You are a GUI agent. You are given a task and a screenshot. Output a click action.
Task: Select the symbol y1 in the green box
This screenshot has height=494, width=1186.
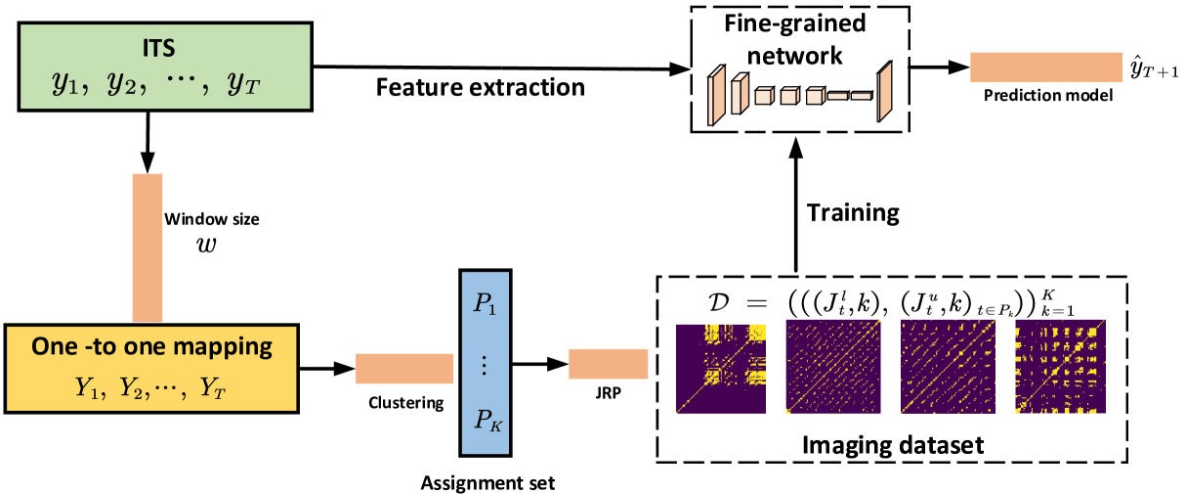(x=67, y=84)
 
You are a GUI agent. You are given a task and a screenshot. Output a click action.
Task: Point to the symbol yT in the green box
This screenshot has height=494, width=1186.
(x=243, y=84)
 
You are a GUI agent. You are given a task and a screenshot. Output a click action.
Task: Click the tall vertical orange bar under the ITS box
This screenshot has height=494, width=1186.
(x=148, y=248)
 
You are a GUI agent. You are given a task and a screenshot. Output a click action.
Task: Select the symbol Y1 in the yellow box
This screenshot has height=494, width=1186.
(x=89, y=387)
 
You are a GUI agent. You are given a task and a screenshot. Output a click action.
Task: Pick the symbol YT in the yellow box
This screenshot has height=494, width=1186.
(x=212, y=387)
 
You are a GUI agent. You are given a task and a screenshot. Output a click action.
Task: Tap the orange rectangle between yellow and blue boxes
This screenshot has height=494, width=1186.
(x=403, y=369)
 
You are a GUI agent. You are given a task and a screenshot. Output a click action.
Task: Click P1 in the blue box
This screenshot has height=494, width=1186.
(x=485, y=303)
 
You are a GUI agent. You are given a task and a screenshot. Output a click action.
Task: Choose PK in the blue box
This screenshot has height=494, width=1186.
(x=486, y=421)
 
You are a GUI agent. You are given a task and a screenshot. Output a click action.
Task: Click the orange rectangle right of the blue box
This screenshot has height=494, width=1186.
(x=609, y=363)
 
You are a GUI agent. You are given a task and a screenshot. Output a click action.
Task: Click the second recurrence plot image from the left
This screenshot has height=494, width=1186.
(x=833, y=366)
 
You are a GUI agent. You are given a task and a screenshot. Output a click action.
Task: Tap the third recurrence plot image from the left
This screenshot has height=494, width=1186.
(x=948, y=366)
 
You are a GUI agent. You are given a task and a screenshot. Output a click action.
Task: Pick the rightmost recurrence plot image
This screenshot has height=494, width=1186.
(x=1060, y=366)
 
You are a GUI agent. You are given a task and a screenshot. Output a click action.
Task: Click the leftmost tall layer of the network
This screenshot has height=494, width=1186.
(x=716, y=96)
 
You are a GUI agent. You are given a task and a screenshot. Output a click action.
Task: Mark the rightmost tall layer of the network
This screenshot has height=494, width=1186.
(x=885, y=92)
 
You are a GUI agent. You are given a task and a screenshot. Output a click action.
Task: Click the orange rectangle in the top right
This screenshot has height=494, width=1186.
(x=1045, y=67)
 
